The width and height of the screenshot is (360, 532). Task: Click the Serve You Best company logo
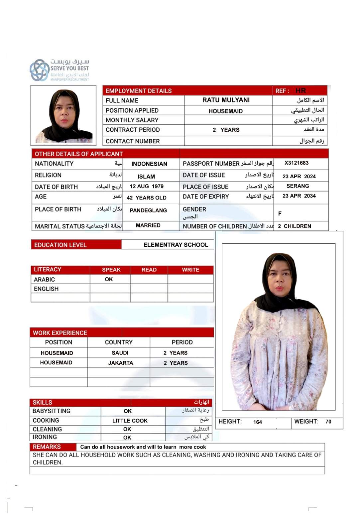point(59,70)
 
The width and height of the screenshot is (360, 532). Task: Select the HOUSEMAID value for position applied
point(225,111)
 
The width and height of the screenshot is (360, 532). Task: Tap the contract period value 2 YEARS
point(226,130)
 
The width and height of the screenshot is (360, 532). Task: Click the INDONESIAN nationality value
point(149,164)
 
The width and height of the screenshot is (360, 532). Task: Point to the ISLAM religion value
point(146,177)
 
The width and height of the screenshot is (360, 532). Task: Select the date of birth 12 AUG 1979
point(147,187)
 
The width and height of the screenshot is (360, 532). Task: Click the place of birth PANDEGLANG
point(148,210)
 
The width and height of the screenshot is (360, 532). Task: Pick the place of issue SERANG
point(298,186)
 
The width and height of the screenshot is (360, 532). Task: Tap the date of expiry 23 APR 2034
point(299,196)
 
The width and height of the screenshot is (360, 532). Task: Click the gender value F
point(280,213)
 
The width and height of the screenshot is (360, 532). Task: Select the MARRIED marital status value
point(148,225)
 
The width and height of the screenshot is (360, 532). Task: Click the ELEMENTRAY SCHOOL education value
point(176,245)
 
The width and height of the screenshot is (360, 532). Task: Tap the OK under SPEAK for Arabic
point(109,279)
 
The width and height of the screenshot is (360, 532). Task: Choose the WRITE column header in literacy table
point(190,270)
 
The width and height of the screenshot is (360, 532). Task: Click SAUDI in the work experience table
point(120,353)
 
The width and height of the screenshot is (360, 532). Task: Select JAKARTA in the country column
point(120,363)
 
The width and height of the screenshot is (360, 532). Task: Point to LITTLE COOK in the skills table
point(130,421)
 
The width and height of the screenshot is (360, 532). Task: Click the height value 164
point(258,422)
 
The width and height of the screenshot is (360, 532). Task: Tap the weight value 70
point(328,422)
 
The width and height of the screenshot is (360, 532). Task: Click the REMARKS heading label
point(47,447)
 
